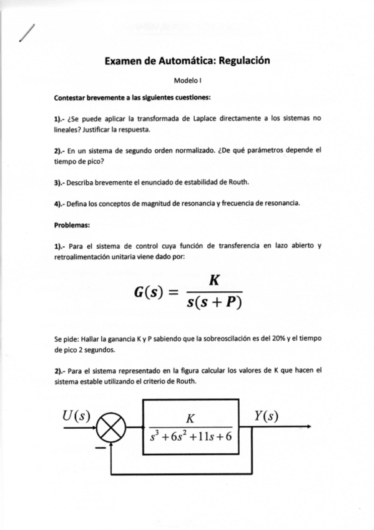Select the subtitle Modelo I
point(187,81)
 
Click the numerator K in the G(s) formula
point(214,281)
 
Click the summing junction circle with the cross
point(114,429)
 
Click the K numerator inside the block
point(191,419)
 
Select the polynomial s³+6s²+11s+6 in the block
point(191,436)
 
